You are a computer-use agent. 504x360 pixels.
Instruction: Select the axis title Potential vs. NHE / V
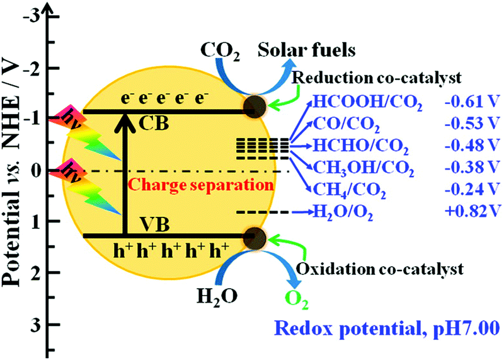point(13,183)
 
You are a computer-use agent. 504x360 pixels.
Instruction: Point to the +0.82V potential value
point(469,213)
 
